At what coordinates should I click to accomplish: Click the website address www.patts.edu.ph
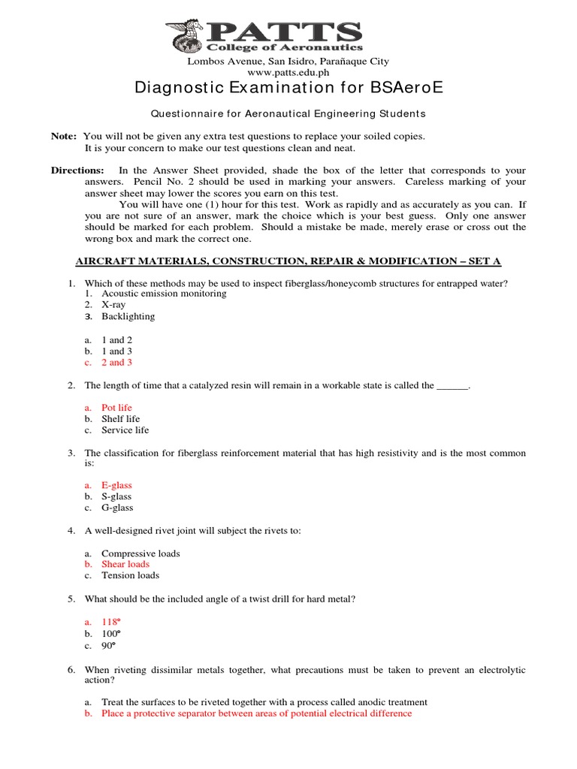(x=288, y=72)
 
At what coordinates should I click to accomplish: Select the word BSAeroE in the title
(x=406, y=89)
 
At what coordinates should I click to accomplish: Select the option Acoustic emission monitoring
(x=164, y=294)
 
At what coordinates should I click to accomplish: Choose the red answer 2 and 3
(x=117, y=363)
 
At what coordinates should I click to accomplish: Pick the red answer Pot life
(x=116, y=408)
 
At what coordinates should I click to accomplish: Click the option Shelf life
(x=120, y=419)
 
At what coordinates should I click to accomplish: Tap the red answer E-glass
(x=116, y=485)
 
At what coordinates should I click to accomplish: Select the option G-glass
(x=116, y=508)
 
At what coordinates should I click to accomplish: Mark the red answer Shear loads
(x=125, y=564)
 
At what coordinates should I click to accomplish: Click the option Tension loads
(x=130, y=575)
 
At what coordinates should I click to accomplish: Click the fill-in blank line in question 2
(x=452, y=386)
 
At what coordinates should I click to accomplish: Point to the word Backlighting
(x=128, y=316)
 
